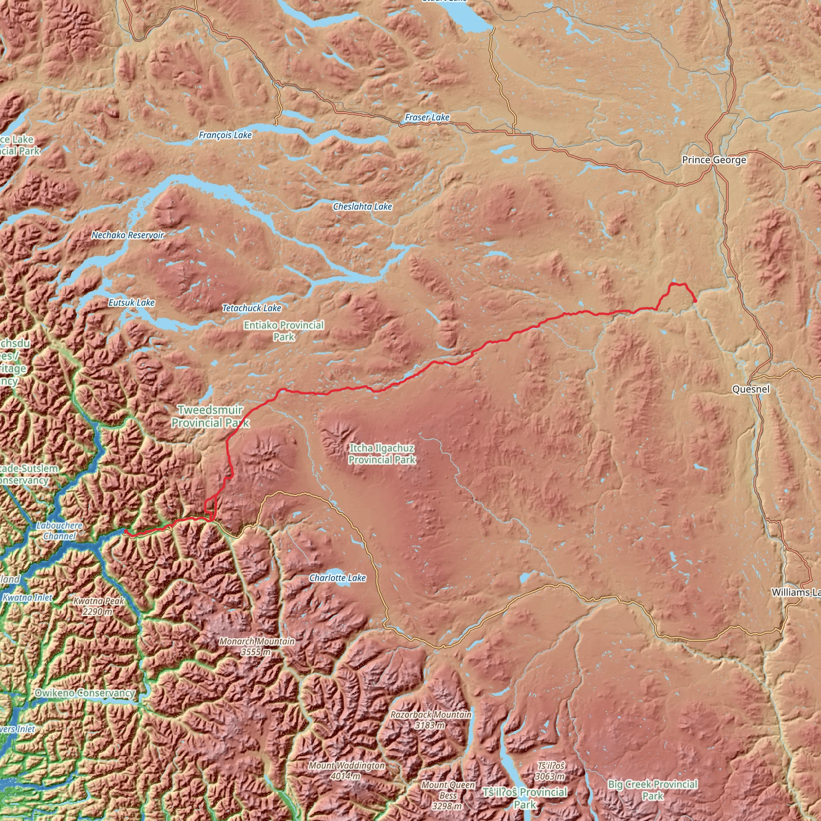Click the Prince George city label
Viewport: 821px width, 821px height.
tap(714, 160)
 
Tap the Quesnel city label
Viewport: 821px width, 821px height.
tap(751, 389)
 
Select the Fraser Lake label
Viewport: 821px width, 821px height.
tap(427, 117)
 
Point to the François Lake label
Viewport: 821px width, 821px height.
tap(225, 135)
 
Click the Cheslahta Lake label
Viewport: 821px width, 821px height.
tap(362, 206)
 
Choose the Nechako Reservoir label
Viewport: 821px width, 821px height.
tap(127, 235)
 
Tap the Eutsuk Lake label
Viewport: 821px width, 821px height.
tap(131, 303)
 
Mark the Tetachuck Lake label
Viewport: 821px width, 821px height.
tap(252, 308)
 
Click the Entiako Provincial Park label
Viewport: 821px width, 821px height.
tap(283, 331)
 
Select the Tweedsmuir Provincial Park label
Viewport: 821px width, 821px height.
tap(210, 416)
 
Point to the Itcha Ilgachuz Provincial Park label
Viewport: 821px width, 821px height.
tap(382, 453)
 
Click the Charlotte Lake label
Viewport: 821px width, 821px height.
tap(337, 578)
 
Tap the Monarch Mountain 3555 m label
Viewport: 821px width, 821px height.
tap(256, 646)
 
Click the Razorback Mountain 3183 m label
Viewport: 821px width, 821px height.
tap(431, 720)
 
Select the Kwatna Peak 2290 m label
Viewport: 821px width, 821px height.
tap(99, 607)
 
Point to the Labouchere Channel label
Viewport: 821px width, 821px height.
tap(59, 531)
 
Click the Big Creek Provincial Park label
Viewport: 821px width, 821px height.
tap(652, 790)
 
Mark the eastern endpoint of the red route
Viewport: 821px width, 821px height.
tap(695, 301)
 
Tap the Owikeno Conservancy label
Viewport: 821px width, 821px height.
tap(85, 693)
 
